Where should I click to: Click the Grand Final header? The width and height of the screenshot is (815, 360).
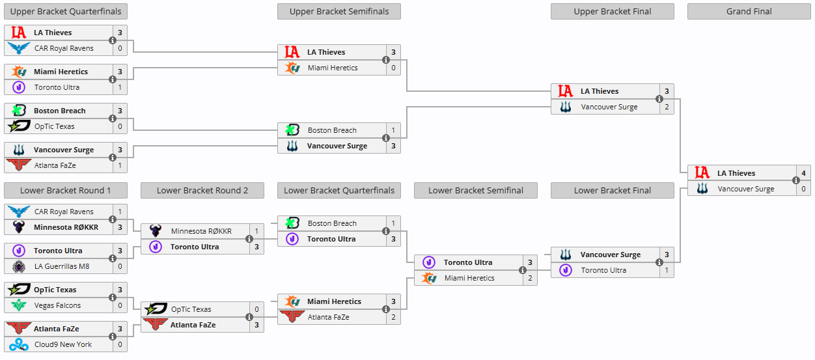click(x=749, y=11)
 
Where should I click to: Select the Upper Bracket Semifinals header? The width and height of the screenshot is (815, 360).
click(x=338, y=11)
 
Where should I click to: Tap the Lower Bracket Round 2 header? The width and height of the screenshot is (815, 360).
click(x=202, y=190)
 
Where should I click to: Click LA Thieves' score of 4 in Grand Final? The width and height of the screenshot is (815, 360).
click(x=803, y=173)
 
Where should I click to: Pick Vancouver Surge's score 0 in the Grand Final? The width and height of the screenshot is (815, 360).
click(x=803, y=189)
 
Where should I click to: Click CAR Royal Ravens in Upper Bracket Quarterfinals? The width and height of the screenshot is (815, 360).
click(x=64, y=48)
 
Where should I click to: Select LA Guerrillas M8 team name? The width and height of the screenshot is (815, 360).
click(x=62, y=266)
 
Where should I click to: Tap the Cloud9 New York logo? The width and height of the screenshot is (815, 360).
click(x=18, y=344)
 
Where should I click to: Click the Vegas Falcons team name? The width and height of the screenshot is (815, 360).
click(x=57, y=305)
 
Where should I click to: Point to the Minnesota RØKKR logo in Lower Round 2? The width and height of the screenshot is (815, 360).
click(x=156, y=231)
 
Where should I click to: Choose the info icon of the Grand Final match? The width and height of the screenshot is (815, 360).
click(x=795, y=181)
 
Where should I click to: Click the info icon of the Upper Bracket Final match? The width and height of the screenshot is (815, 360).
click(x=659, y=99)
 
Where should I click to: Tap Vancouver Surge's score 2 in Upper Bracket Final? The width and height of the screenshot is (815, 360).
click(x=667, y=107)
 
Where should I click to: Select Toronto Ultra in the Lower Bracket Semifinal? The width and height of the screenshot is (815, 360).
click(x=467, y=262)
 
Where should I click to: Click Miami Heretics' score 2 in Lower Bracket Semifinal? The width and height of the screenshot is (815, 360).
click(x=530, y=278)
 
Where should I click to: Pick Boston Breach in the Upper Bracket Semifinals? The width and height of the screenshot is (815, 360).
click(x=332, y=130)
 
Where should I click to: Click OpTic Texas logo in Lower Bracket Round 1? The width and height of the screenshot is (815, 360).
click(x=18, y=290)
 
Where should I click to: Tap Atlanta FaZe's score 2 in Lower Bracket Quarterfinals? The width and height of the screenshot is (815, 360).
click(x=393, y=317)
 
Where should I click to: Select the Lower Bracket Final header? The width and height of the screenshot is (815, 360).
click(x=612, y=190)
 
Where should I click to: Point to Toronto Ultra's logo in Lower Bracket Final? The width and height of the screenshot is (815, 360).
click(x=566, y=270)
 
